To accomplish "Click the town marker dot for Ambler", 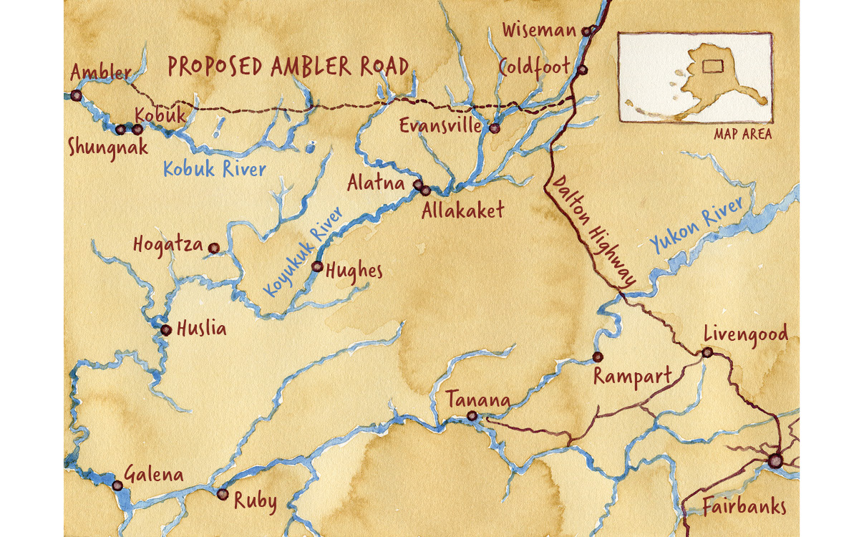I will [75, 95].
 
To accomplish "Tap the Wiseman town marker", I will [586, 31].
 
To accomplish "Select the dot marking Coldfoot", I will [582, 70].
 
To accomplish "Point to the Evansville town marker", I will [494, 128].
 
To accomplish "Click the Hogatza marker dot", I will [213, 248].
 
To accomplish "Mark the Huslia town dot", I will [165, 330].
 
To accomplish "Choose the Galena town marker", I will [117, 485].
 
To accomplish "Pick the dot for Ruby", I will [222, 494].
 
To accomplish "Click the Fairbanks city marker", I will [775, 461].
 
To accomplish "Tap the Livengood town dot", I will [707, 352].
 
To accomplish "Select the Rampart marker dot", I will [597, 357].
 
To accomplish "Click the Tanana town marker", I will [472, 416].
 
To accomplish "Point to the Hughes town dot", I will [317, 266].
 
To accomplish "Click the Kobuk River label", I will [214, 170].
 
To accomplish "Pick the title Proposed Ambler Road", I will [288, 67].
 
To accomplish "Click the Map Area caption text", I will [742, 135].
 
